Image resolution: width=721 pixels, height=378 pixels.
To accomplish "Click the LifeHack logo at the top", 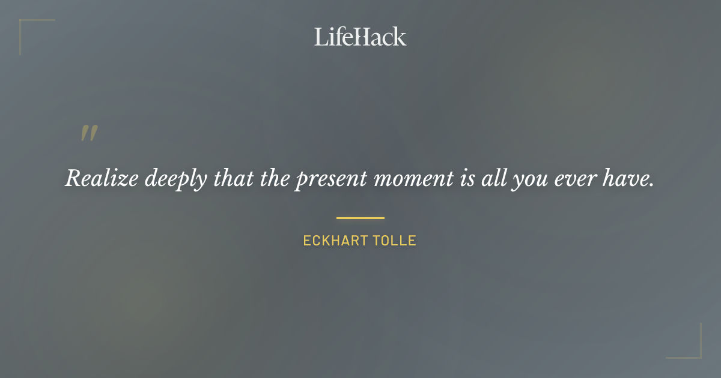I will tap(360, 37).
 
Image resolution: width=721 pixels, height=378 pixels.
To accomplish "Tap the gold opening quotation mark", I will tap(89, 133).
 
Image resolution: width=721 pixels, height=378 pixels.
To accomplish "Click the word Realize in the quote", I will tap(100, 178).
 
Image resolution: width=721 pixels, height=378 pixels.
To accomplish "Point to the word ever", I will tap(573, 178).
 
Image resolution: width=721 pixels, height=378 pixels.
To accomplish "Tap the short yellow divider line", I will tap(360, 218).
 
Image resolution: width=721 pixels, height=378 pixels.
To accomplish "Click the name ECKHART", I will tap(332, 241).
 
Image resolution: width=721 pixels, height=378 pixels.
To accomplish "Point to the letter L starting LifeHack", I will tap(321, 37).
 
